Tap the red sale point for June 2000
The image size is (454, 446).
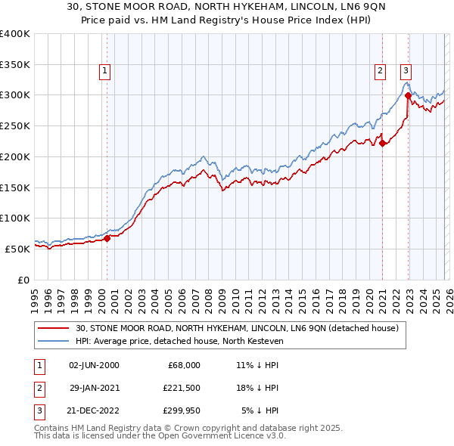(107, 238)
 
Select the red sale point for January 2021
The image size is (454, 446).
(383, 143)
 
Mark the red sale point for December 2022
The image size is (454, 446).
(408, 95)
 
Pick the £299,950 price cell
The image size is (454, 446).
(180, 411)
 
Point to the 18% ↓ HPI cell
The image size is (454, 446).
(258, 388)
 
